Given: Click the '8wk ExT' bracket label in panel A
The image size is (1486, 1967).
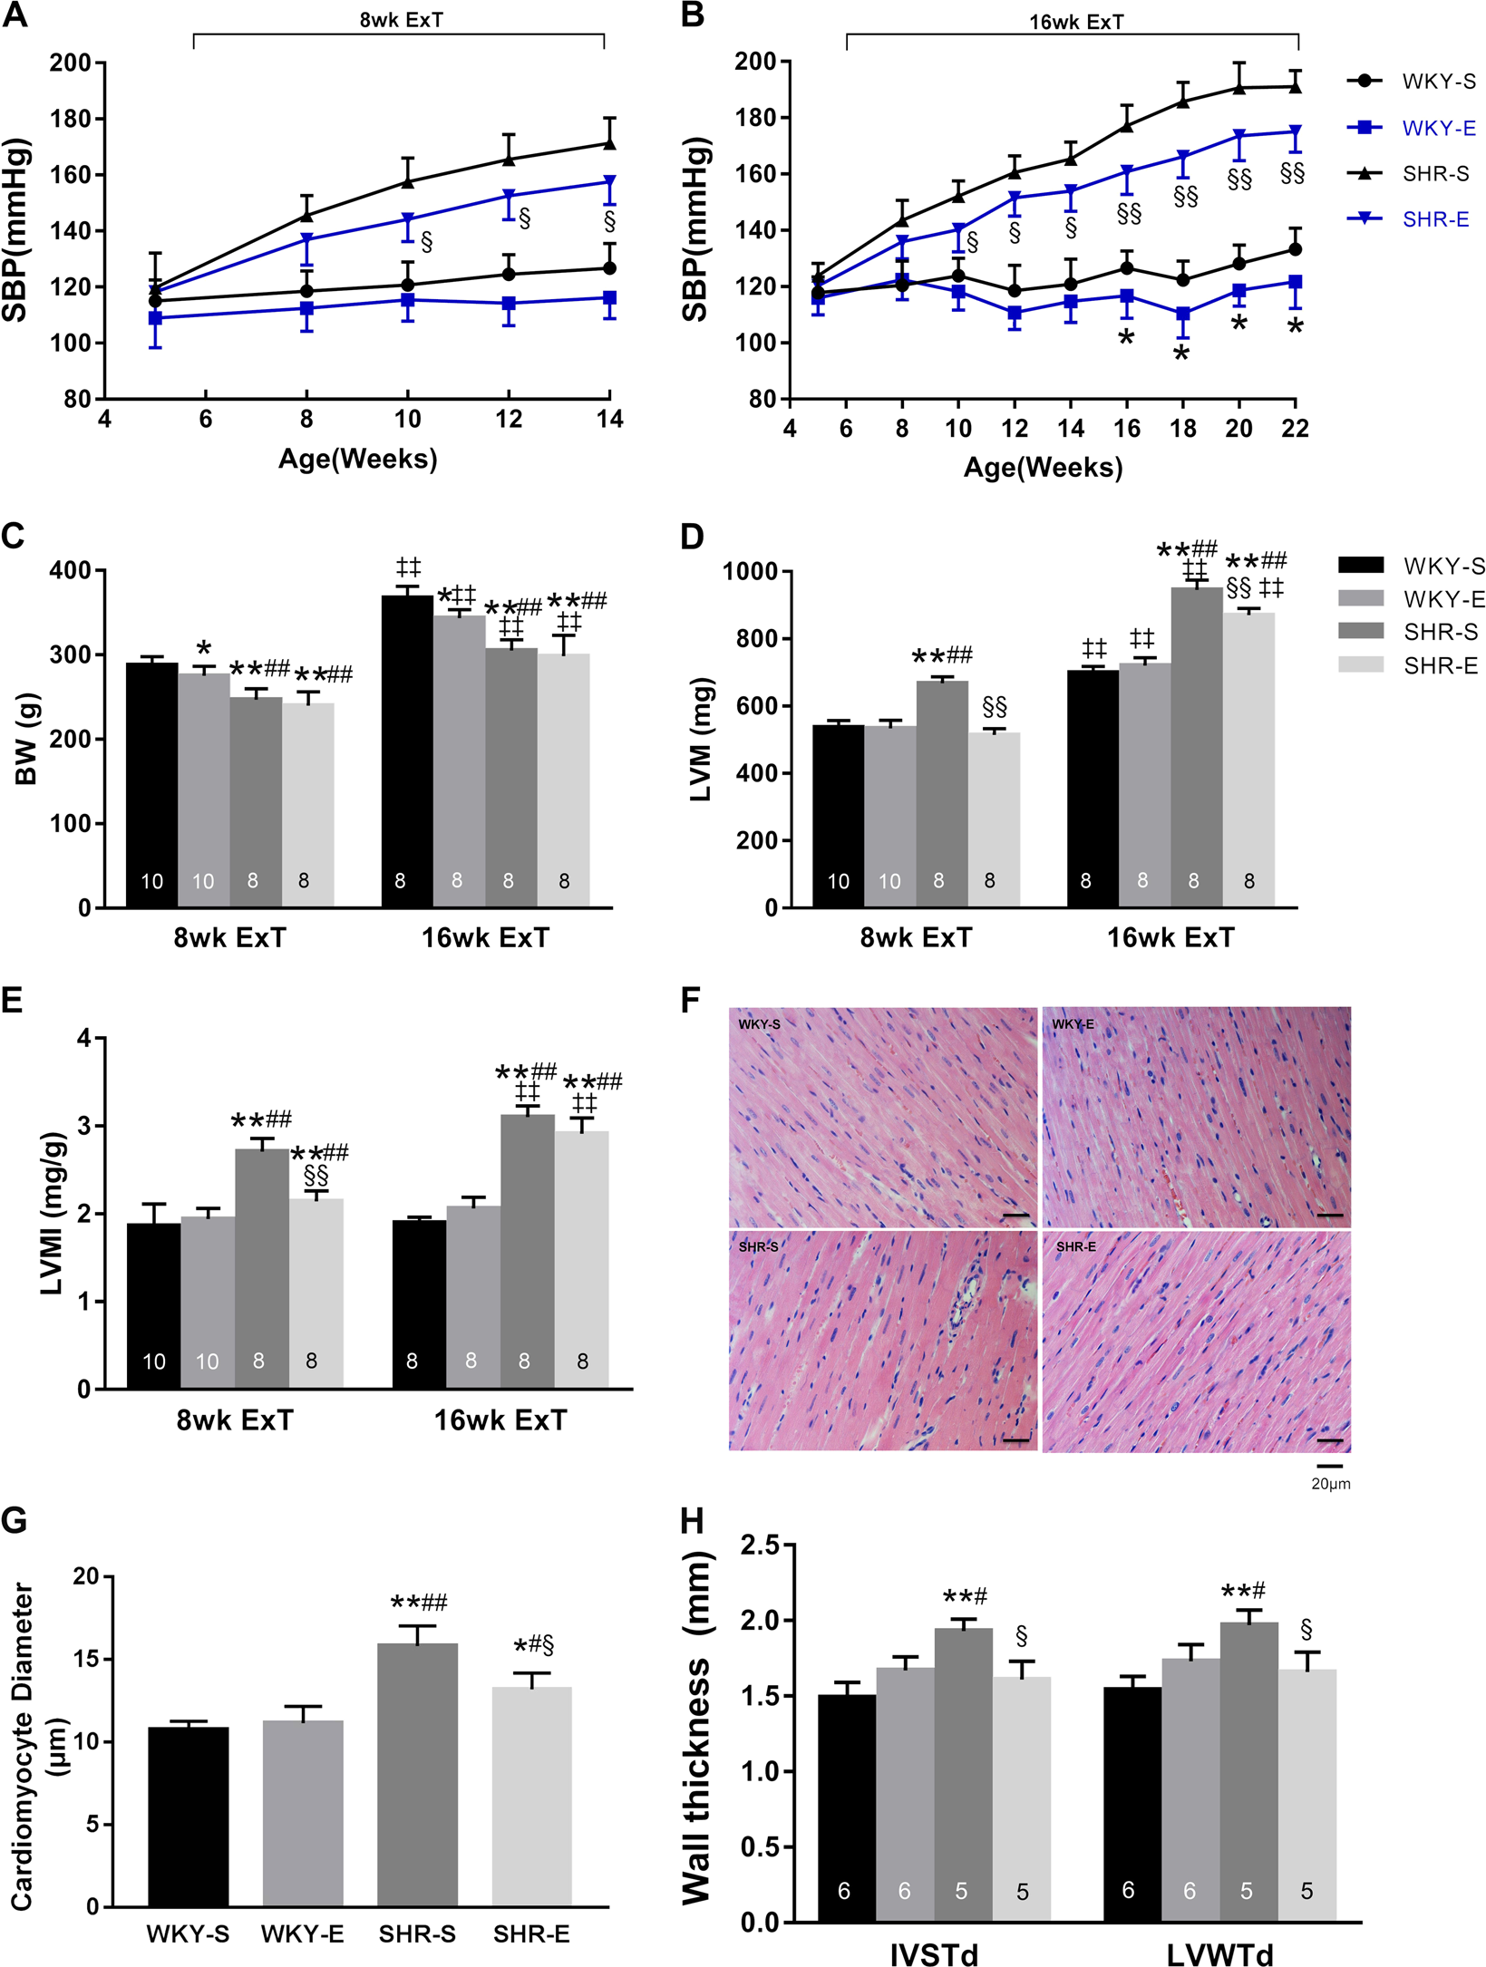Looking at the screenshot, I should (x=401, y=19).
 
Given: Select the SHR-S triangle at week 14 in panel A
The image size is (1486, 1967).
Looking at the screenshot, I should (x=609, y=143).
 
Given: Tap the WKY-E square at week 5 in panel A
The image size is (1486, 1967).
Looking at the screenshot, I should (x=155, y=318).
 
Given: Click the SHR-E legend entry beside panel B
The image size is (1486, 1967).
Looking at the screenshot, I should (x=1434, y=219).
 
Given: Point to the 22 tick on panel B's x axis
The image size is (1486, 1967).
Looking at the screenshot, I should (x=1295, y=429).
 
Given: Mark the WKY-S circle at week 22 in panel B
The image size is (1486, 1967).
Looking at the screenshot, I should (x=1295, y=249).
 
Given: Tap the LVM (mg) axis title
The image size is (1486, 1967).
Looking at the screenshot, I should (x=701, y=739).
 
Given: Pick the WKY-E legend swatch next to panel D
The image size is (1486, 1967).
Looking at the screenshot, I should (x=1361, y=598).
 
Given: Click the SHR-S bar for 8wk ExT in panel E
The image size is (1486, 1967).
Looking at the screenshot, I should (x=262, y=1269).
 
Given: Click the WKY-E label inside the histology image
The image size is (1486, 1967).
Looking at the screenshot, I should (x=1073, y=1024).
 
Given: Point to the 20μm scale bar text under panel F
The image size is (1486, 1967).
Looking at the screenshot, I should (x=1330, y=1485).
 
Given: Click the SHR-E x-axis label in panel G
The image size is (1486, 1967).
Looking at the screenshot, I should (x=531, y=1934).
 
